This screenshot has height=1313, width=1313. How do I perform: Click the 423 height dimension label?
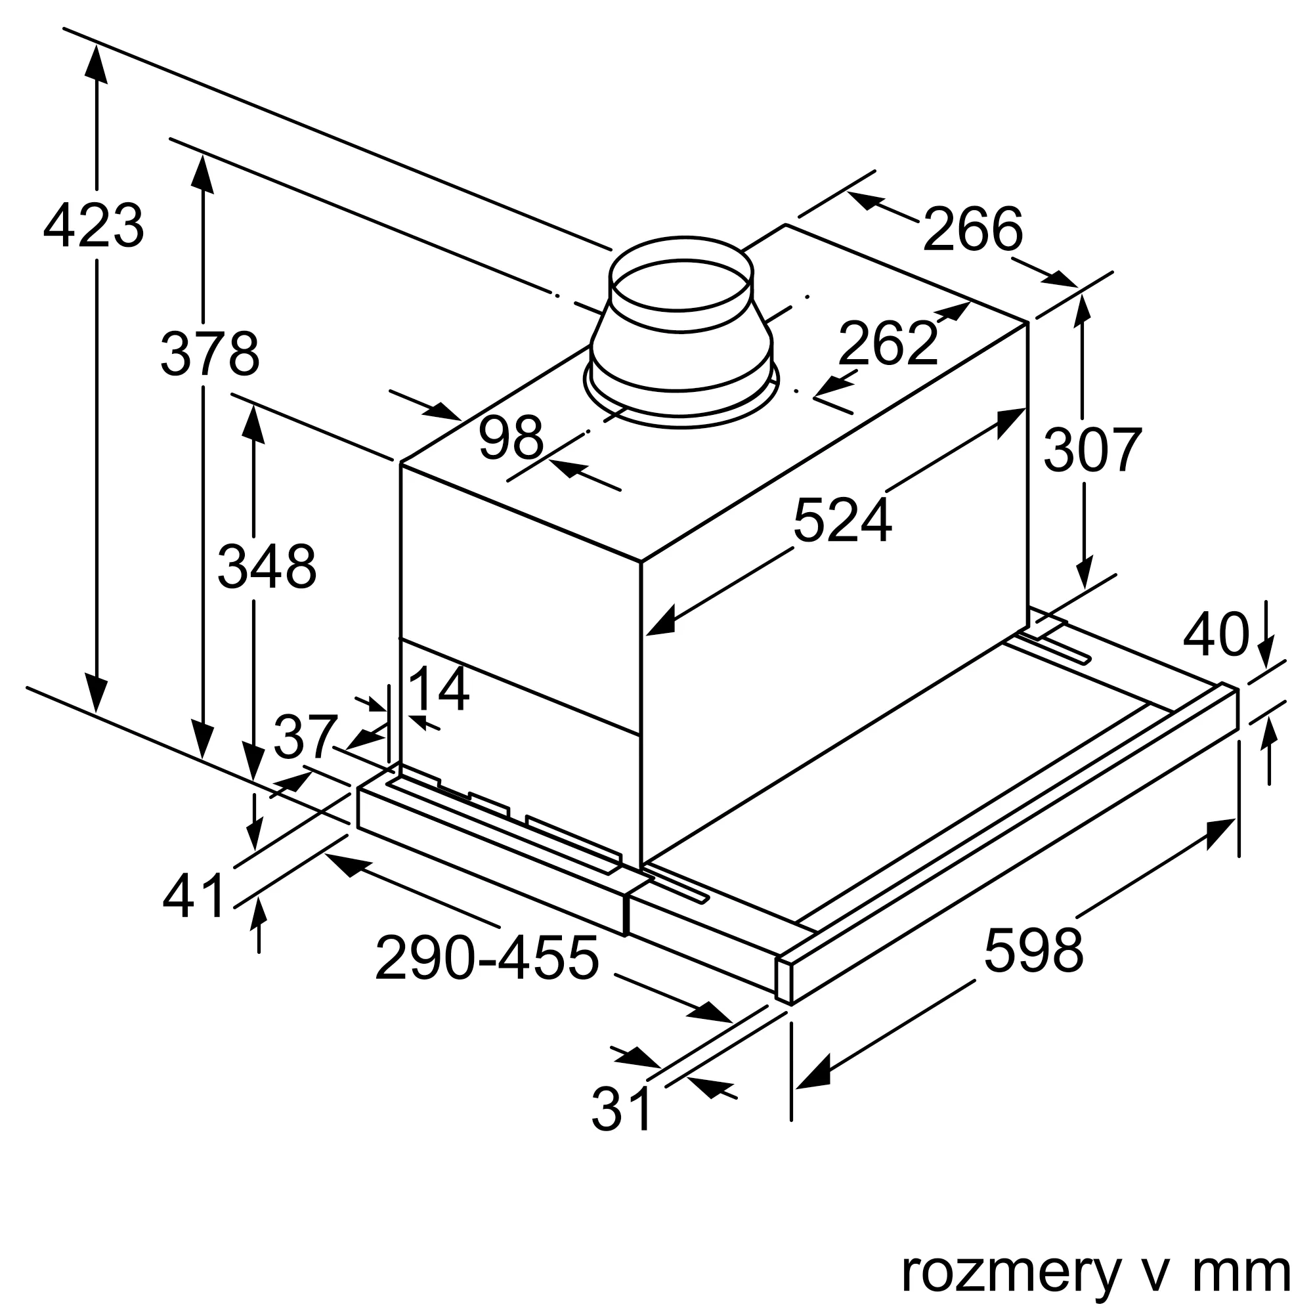[94, 225]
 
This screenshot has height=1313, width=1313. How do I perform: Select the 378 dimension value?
[210, 353]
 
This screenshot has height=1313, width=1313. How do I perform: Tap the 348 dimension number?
[267, 566]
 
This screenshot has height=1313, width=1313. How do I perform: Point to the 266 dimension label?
[972, 229]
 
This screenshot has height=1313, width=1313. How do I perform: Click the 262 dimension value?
[888, 343]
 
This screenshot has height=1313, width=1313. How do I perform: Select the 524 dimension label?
[842, 521]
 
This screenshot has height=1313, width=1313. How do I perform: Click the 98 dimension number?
[511, 438]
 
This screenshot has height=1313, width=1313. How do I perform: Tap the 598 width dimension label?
[1033, 950]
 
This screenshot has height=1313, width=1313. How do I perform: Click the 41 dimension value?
[194, 895]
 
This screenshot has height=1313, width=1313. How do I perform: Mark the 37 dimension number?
[305, 737]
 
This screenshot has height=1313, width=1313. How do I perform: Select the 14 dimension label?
[439, 689]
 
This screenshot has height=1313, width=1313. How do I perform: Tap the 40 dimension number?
[1216, 635]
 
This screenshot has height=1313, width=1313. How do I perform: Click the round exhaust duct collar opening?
[681, 286]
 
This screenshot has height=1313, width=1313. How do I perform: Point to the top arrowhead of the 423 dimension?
[97, 64]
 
